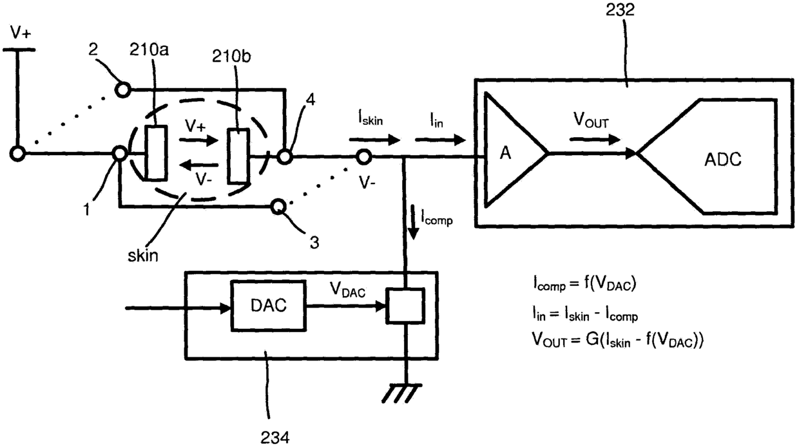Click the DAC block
(x=268, y=306)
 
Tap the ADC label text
(x=723, y=160)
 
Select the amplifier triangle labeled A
(x=515, y=150)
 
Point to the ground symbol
(x=402, y=393)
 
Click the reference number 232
(x=621, y=10)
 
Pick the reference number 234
(x=275, y=437)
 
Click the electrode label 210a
(x=149, y=50)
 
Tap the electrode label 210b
(x=231, y=56)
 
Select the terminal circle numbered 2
(x=122, y=89)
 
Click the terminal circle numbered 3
(x=278, y=207)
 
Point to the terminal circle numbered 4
(x=285, y=156)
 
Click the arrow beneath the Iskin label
(x=375, y=140)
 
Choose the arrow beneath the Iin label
(x=441, y=140)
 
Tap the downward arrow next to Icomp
(x=414, y=221)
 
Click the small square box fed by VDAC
(x=405, y=306)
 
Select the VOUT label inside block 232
(x=591, y=120)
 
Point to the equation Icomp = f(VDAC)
(x=584, y=285)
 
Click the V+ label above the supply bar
(x=21, y=33)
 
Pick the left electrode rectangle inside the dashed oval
(x=156, y=153)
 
